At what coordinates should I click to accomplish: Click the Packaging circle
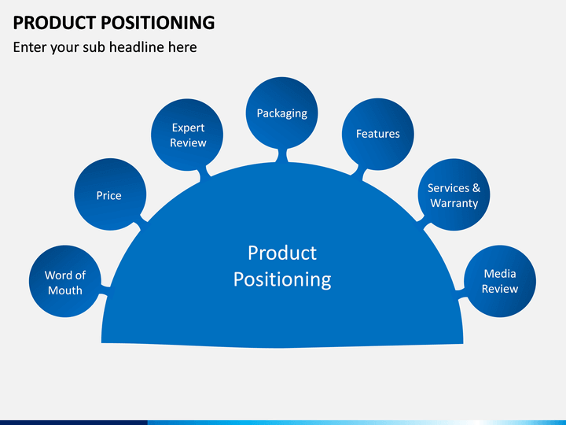pos(282,113)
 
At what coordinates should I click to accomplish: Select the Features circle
pos(378,134)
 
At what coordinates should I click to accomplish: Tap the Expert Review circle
pos(187,135)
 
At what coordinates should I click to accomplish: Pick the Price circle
pos(110,194)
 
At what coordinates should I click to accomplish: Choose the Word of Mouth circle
pos(65,281)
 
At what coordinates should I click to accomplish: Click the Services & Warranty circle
pos(454,194)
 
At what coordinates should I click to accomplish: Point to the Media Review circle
pos(500,281)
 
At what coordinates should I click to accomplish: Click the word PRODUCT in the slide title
pos(54,22)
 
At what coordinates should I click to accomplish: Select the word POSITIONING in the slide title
pos(158,22)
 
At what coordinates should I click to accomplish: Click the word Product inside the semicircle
pos(282,253)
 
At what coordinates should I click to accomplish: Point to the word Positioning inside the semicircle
pos(282,279)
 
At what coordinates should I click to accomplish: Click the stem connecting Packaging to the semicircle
pos(282,155)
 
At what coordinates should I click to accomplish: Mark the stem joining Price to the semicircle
pos(143,222)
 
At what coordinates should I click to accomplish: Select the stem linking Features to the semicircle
pos(358,172)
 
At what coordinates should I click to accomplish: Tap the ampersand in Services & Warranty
pos(476,188)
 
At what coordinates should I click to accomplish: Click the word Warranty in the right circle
pos(454,203)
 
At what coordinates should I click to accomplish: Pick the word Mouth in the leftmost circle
pos(65,290)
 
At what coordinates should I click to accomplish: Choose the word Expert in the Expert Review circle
pos(188,128)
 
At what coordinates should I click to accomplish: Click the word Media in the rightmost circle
pos(500,274)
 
